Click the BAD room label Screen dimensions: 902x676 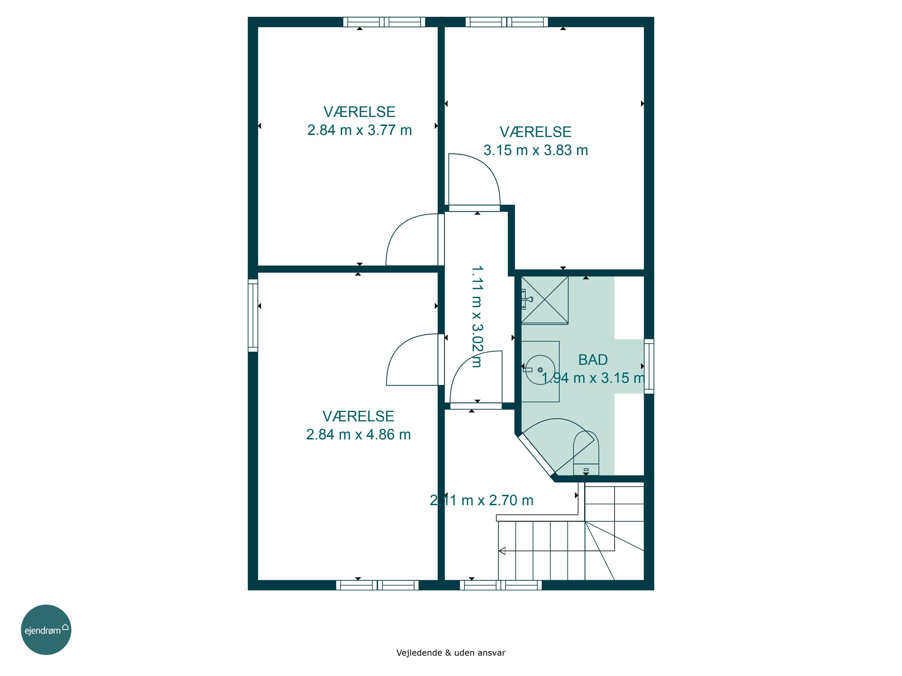pos(593,360)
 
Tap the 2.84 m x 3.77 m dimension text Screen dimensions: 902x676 pos(359,130)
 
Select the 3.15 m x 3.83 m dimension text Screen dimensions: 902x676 pos(536,150)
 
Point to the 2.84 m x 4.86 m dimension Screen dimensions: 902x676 pos(358,434)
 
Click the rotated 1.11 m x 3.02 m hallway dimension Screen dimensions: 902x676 pos(477,317)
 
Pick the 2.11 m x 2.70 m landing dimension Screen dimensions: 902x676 pos(482,500)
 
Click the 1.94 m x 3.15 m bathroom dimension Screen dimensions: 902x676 pos(593,378)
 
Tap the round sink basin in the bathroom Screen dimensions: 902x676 pos(540,370)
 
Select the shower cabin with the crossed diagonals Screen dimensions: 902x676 pos(545,300)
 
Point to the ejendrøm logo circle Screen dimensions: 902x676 pos(46,629)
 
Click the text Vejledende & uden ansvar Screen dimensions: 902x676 pos(451,652)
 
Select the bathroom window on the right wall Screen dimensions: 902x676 pos(649,366)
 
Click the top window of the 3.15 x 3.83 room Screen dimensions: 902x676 pos(507,22)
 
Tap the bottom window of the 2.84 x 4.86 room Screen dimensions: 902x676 pos(377,585)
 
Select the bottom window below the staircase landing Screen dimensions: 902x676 pos(501,585)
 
